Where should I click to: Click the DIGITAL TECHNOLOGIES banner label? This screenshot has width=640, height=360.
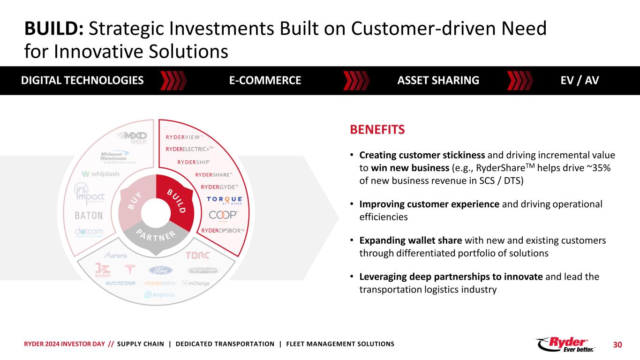(82, 80)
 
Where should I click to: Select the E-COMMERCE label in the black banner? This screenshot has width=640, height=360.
(265, 80)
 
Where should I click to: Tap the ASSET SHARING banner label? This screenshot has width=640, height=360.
(438, 80)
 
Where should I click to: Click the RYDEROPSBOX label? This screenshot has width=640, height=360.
(223, 230)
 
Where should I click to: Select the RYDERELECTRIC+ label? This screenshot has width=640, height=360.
(189, 149)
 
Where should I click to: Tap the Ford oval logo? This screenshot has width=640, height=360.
(161, 270)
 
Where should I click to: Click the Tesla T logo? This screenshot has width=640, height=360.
(128, 270)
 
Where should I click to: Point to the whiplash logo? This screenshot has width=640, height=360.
(100, 174)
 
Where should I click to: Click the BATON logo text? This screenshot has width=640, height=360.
(89, 216)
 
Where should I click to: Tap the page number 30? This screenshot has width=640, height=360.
(617, 345)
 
